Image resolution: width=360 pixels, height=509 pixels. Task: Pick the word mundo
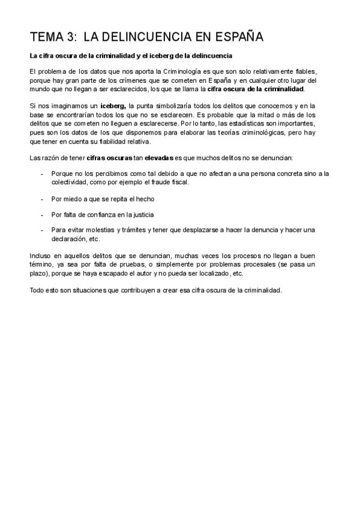(40, 89)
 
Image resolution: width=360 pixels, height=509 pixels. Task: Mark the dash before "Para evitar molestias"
(42, 229)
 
